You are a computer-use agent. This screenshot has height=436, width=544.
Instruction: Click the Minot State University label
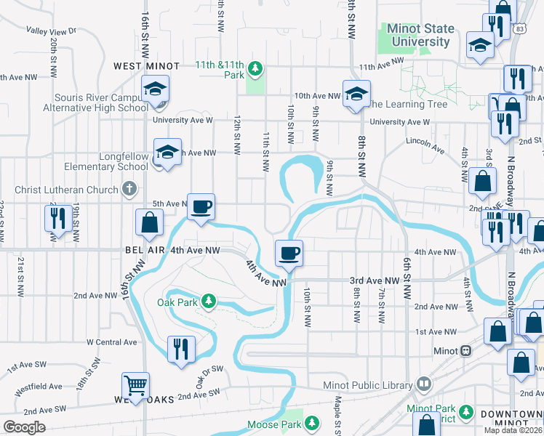[421, 36]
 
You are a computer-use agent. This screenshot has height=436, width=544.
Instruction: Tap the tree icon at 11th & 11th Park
[255, 69]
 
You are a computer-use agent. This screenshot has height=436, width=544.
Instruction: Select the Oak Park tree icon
[209, 300]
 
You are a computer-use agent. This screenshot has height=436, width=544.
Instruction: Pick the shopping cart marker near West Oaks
[136, 384]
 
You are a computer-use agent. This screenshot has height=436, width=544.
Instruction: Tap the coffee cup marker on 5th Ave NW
[201, 206]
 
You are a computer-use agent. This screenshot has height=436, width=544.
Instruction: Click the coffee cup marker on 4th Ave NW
[289, 253]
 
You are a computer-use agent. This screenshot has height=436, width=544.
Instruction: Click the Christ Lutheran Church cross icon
[129, 190]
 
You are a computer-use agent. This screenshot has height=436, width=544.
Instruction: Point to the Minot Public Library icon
[423, 384]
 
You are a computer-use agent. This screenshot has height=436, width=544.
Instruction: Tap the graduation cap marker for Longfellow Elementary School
[167, 152]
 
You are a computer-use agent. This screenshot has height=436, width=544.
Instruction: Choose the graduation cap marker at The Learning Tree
[356, 94]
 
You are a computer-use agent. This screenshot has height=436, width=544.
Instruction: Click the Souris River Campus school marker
[155, 89]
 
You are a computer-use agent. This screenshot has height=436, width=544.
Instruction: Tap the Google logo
[25, 427]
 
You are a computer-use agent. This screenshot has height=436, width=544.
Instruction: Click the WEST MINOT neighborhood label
[146, 66]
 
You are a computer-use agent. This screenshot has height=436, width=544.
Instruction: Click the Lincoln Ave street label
[425, 143]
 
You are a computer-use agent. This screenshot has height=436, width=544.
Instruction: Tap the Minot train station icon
[465, 350]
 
